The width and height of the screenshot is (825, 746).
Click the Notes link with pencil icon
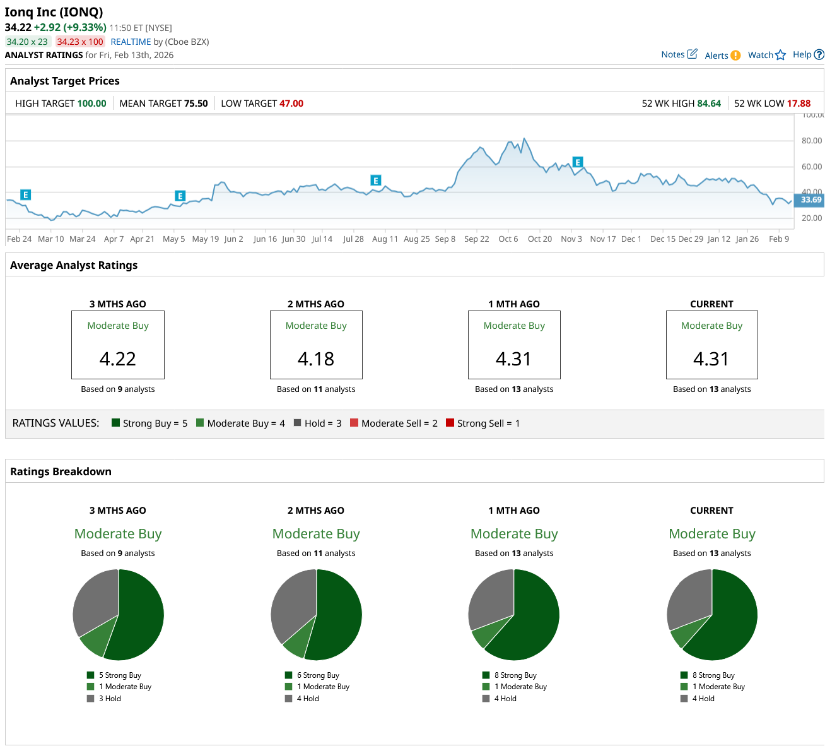click(679, 54)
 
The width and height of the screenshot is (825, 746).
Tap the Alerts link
click(722, 56)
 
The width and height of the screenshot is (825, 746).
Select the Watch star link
click(766, 55)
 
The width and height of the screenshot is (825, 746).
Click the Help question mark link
click(808, 54)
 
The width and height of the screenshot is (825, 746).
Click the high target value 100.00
click(91, 104)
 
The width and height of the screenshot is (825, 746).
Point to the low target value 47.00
click(291, 104)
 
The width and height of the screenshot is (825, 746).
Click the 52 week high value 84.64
click(708, 104)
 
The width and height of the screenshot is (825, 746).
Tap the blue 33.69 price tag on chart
click(810, 200)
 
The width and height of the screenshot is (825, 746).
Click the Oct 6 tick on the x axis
click(508, 239)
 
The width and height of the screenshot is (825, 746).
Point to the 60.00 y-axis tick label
click(811, 167)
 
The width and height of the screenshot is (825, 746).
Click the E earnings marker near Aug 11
click(376, 181)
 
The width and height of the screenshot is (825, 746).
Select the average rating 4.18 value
click(316, 358)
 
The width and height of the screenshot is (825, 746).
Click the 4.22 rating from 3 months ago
click(118, 358)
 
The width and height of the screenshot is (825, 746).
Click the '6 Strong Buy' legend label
click(317, 675)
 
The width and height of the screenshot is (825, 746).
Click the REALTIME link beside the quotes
click(131, 42)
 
